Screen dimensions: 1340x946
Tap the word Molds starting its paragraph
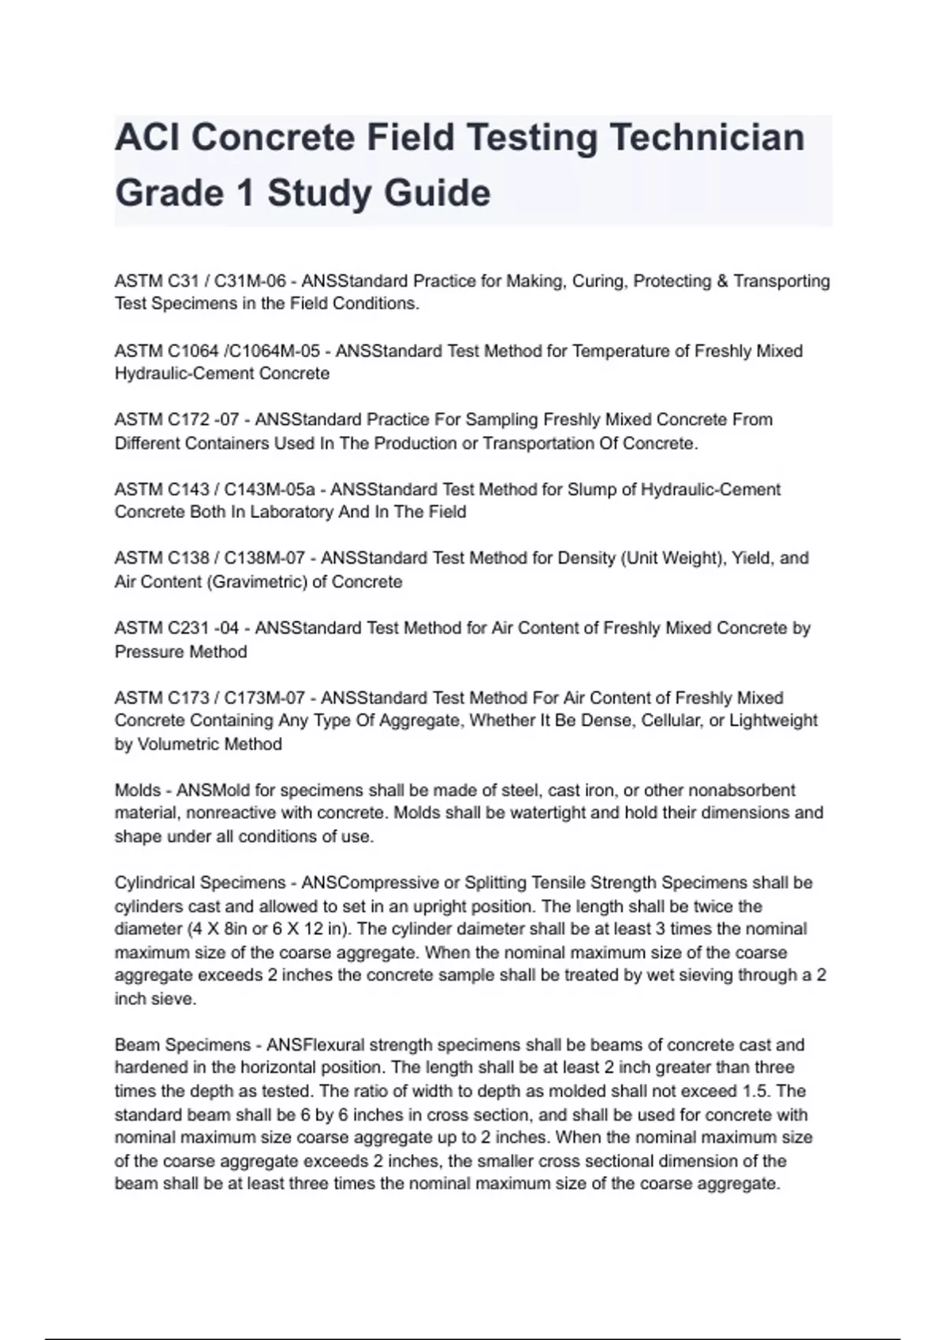(138, 791)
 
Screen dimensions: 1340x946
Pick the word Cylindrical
(160, 883)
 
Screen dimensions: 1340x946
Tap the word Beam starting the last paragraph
(135, 1045)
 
